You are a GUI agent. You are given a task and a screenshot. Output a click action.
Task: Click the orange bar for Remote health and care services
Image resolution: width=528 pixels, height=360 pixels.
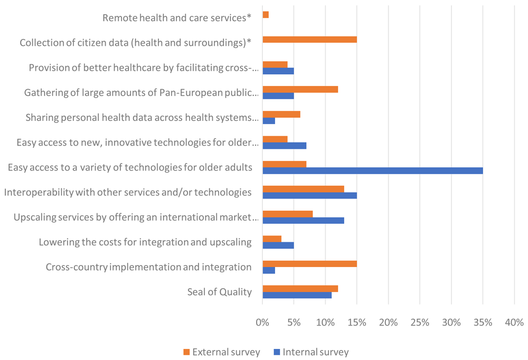266,15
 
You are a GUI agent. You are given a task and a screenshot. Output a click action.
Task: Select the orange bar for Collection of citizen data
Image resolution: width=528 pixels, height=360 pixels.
310,40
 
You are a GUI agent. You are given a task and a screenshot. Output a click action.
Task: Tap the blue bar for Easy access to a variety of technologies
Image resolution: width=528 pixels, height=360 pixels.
373,170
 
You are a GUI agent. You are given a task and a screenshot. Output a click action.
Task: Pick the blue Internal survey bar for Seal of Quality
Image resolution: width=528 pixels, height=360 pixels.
297,296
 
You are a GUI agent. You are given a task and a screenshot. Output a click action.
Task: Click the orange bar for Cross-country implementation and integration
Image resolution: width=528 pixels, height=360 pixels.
310,264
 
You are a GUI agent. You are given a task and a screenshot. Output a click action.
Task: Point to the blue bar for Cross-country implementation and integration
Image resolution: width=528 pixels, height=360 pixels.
269,270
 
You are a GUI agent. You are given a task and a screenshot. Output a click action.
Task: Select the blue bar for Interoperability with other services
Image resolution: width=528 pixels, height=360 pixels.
310,196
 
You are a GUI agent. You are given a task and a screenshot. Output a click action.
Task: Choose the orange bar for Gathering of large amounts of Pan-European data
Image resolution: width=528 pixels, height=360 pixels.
300,89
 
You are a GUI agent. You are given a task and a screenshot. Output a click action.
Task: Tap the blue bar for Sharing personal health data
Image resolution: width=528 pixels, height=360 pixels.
269,121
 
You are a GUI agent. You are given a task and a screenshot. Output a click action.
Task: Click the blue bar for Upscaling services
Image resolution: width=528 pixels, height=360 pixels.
304,221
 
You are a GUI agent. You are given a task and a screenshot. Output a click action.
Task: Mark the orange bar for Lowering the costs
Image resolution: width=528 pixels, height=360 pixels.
272,239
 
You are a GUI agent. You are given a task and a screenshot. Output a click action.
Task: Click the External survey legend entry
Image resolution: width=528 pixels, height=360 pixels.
222,352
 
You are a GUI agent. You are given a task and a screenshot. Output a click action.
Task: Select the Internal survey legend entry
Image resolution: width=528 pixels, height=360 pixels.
311,352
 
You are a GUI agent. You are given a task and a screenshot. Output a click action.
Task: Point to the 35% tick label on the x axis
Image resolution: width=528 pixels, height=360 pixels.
483,323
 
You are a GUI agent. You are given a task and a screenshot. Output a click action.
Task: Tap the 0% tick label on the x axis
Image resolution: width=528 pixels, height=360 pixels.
262,323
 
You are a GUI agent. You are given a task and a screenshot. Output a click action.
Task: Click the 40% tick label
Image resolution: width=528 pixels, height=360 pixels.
514,323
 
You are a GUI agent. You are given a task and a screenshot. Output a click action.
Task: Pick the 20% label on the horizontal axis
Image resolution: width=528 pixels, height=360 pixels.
388,323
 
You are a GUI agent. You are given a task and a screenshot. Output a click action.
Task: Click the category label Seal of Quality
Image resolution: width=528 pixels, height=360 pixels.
220,292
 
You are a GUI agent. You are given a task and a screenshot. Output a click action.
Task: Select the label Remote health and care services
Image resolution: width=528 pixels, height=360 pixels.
177,18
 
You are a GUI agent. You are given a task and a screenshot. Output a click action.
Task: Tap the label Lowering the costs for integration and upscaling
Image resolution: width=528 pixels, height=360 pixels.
145,242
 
